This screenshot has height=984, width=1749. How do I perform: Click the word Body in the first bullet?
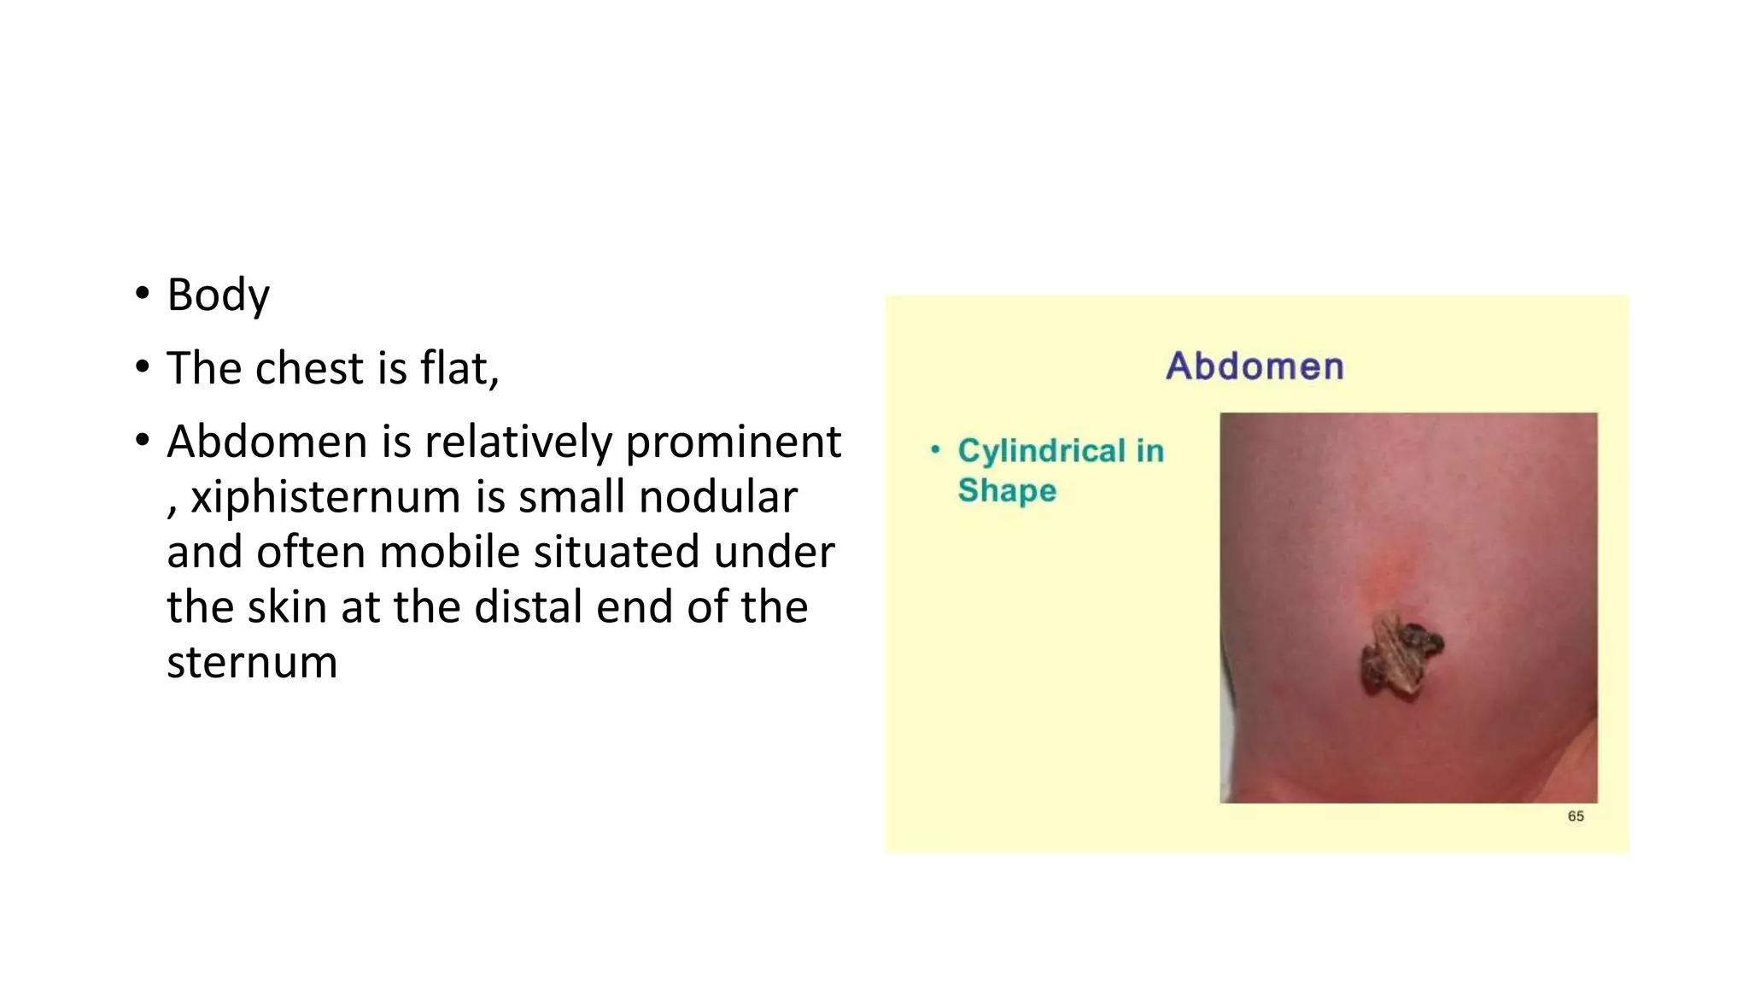pyautogui.click(x=218, y=296)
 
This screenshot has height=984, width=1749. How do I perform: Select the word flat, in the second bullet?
pyautogui.click(x=459, y=368)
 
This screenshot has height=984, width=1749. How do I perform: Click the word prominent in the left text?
pyautogui.click(x=734, y=442)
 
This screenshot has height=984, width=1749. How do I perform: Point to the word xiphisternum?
pyautogui.click(x=325, y=497)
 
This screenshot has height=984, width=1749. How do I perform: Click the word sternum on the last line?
pyautogui.click(x=252, y=663)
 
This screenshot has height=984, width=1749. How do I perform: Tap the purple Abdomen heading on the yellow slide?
pyautogui.click(x=1255, y=366)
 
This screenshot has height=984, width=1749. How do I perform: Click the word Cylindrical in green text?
pyautogui.click(x=1042, y=450)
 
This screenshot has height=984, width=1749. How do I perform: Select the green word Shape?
pyautogui.click(x=1007, y=490)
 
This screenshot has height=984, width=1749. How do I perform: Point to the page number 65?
pyautogui.click(x=1576, y=816)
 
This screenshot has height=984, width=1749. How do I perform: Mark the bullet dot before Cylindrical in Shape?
pyautogui.click(x=936, y=449)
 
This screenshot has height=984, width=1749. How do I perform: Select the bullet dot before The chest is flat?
pyautogui.click(x=142, y=368)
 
